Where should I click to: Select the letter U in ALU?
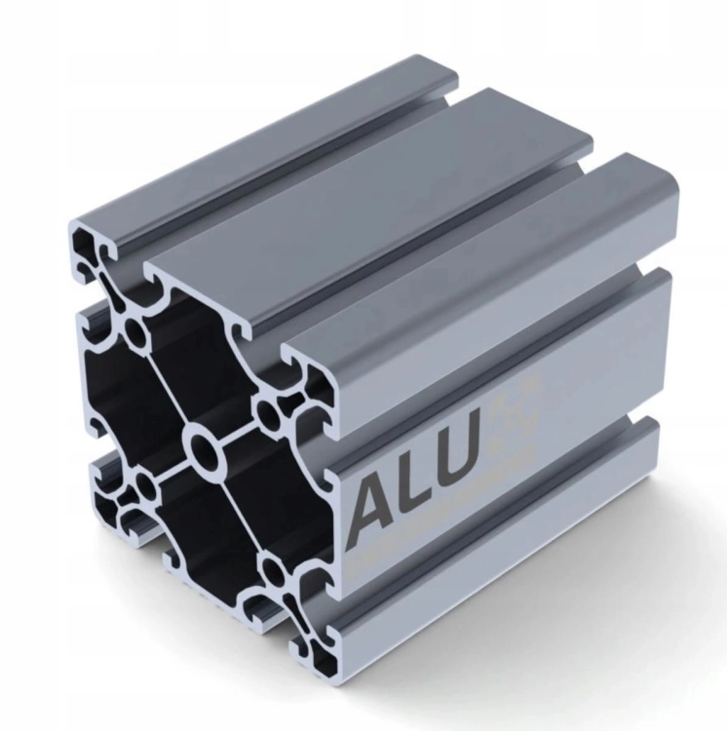coord(457,458)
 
